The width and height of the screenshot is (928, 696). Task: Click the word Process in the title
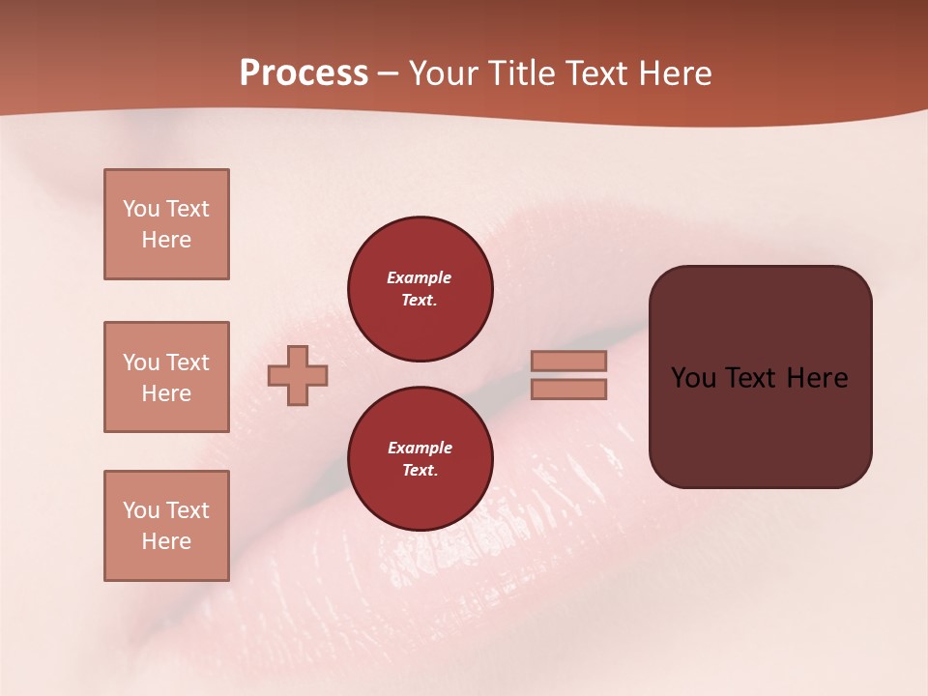pos(304,73)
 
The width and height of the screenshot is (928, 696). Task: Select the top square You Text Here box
pos(166,224)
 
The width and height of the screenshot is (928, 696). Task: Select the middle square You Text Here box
pos(166,377)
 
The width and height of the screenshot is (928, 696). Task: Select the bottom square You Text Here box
pos(166,526)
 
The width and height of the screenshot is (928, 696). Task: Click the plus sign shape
pos(298,375)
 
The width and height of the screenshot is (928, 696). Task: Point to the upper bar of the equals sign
pos(569,361)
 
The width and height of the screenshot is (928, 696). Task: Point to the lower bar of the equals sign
pos(569,389)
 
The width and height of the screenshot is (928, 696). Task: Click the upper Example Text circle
pos(420,289)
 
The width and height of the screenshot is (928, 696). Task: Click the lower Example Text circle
pos(420,459)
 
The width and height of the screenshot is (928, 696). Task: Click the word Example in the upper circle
pos(420,277)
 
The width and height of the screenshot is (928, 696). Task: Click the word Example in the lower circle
pos(420,448)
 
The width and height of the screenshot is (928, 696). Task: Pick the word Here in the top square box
pos(166,240)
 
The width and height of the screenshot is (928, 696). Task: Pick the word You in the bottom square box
pos(140,510)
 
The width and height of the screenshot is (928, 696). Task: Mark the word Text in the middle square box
pos(187,362)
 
